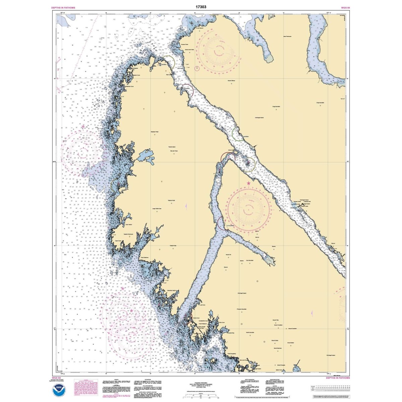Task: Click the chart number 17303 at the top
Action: tap(201, 6)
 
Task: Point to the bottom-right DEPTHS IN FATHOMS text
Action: tap(338, 378)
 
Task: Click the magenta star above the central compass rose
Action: tap(248, 183)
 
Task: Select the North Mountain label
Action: tap(250, 333)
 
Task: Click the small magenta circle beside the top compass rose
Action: tap(197, 69)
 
